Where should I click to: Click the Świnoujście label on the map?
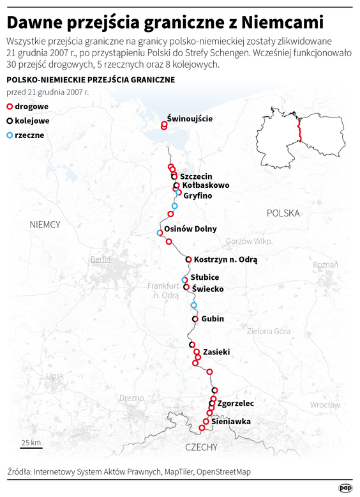(x=190, y=118)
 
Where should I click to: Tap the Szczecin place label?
(x=196, y=176)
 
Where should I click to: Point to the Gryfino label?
(x=197, y=195)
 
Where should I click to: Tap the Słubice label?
(x=205, y=277)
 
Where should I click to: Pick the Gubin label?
(x=213, y=318)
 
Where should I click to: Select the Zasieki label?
(x=216, y=351)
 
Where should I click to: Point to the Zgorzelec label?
(x=236, y=404)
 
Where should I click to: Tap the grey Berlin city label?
(x=100, y=259)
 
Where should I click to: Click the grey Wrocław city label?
(x=326, y=405)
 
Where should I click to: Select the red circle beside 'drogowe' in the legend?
(x=10, y=106)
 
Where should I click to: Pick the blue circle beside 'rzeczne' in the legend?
(x=10, y=135)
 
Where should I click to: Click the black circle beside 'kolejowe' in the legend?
(x=10, y=121)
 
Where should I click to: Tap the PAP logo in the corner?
(x=346, y=487)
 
